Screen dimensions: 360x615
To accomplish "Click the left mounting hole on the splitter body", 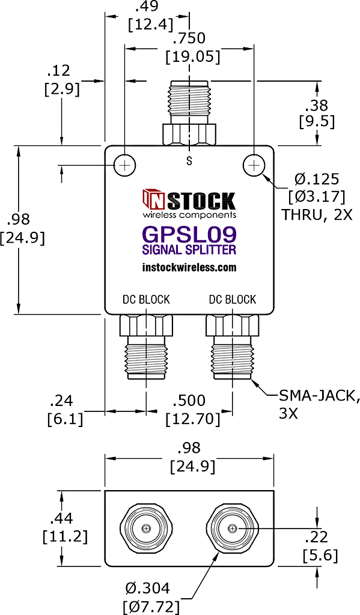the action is click(125, 166).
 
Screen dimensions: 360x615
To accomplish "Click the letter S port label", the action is click(189, 161).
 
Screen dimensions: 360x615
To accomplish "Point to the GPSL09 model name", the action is click(190, 235).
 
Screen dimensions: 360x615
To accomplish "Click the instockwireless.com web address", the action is click(189, 267).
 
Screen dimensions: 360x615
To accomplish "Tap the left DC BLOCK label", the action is click(146, 299).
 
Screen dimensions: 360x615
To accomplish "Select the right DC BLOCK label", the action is click(232, 299).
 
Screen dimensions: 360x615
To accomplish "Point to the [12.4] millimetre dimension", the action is click(151, 25).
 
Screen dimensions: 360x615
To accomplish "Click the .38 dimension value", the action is click(317, 105).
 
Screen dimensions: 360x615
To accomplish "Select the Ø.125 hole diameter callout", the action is click(316, 179).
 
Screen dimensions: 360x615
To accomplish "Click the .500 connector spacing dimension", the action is click(189, 401).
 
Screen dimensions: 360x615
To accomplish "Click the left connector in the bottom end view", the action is click(146, 529).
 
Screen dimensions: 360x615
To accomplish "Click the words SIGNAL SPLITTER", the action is click(189, 249).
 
